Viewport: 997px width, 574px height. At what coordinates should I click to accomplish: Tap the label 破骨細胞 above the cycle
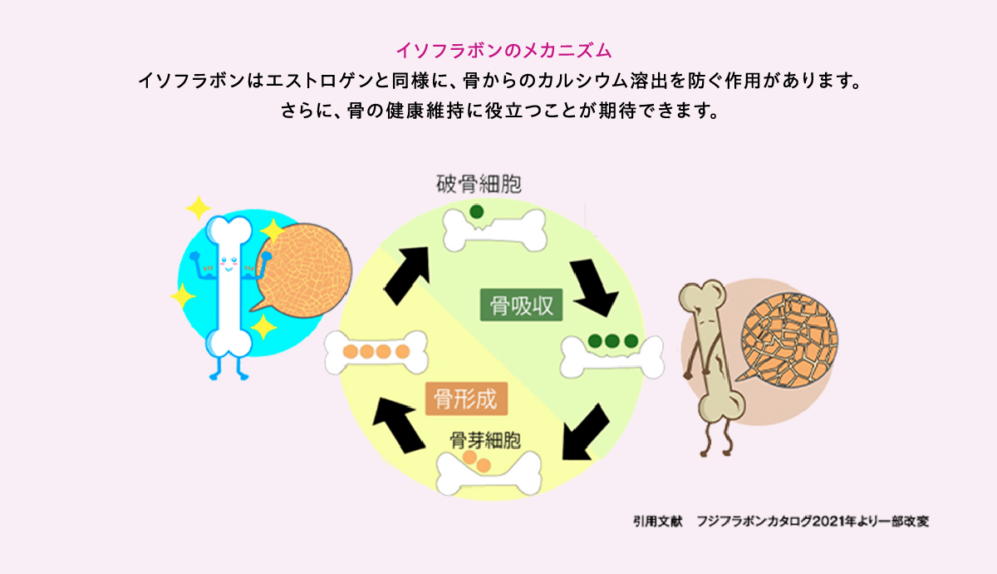[x=479, y=183]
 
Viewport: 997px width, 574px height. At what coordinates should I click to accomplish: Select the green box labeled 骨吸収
[x=522, y=306]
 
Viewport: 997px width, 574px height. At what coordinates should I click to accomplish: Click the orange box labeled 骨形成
[x=466, y=399]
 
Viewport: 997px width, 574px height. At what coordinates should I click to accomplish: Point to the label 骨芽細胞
[x=485, y=438]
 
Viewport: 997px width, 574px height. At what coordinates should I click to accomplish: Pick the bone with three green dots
[x=612, y=354]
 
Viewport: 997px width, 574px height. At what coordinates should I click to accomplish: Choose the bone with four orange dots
[x=377, y=352]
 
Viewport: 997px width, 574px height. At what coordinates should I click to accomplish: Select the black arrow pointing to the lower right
[x=597, y=289]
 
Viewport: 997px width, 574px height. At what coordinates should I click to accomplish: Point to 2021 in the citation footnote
[x=833, y=522]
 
